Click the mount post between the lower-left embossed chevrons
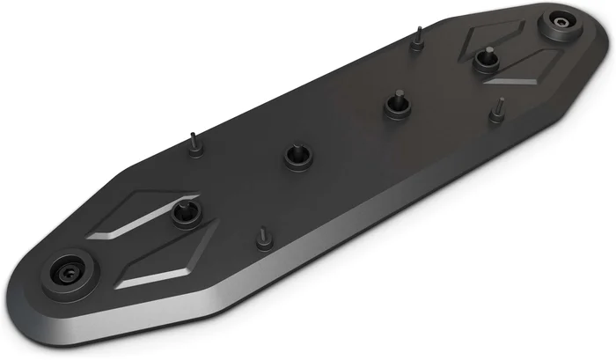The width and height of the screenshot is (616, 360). (x=185, y=213)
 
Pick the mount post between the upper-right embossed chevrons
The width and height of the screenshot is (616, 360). (x=482, y=60)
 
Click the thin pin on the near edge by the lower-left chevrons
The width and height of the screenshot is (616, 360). (x=262, y=238)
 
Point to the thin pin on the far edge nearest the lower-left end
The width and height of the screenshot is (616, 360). (x=193, y=145)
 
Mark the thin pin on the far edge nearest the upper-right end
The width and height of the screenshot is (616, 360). (x=419, y=37)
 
